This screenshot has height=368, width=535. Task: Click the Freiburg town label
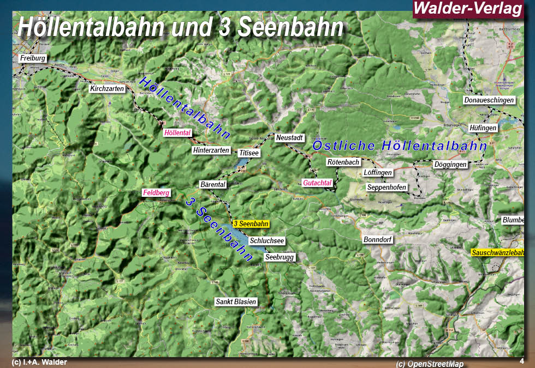click(33, 58)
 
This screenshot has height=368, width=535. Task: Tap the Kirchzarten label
click(108, 88)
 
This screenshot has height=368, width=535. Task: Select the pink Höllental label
click(177, 132)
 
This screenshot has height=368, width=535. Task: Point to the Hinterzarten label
click(211, 150)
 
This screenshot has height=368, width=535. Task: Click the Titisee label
click(249, 153)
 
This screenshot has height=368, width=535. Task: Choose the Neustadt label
click(289, 138)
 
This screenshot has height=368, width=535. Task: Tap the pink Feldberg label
click(156, 192)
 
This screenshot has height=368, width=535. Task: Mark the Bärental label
click(213, 185)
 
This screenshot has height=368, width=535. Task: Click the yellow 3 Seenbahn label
click(251, 224)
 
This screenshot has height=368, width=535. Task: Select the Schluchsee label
click(267, 241)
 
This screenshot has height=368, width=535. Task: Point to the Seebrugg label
click(279, 257)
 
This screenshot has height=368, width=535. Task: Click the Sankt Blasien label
click(236, 301)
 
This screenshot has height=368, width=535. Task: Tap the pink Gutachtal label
click(317, 183)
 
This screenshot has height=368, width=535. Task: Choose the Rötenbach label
click(343, 162)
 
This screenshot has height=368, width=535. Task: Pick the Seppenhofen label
click(387, 188)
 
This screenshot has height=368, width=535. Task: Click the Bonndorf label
click(378, 239)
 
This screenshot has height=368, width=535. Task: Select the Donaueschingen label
click(489, 100)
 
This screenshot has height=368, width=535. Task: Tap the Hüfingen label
click(483, 128)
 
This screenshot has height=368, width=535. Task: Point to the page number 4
click(522, 361)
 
